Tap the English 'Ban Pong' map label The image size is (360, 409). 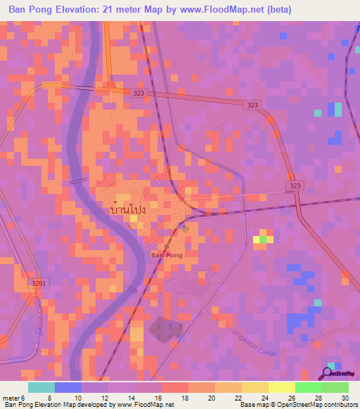(x=167, y=256)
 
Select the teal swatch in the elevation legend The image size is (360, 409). (x=41, y=387)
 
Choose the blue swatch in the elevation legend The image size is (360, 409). (x=68, y=387)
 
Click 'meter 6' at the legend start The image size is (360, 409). (x=15, y=398)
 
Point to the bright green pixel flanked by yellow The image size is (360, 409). (x=263, y=239)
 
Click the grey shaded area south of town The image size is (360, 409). (x=165, y=329)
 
